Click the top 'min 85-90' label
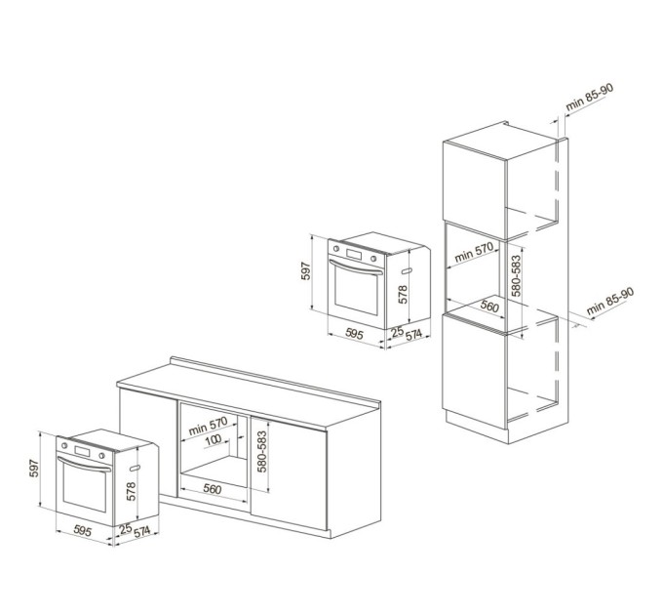click(x=589, y=97)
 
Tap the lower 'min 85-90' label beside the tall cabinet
click(x=609, y=301)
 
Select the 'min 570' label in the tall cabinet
click(x=474, y=252)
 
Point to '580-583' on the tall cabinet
click(x=516, y=276)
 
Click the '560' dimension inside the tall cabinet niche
click(x=489, y=306)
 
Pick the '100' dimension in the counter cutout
click(x=214, y=440)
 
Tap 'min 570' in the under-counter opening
click(x=208, y=426)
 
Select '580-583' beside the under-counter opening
click(x=262, y=452)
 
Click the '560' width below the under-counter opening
click(x=212, y=489)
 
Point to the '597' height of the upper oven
click(x=306, y=271)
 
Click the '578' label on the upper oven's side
click(x=403, y=294)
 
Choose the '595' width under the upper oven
click(x=354, y=334)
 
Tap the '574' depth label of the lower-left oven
click(x=141, y=531)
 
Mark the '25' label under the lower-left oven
click(x=126, y=528)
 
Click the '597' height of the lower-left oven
click(x=34, y=469)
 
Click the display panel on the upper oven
click(x=354, y=255)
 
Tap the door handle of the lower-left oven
click(x=84, y=463)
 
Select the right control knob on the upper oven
click(x=373, y=259)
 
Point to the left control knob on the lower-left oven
click(x=64, y=445)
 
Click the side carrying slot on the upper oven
click(x=407, y=270)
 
